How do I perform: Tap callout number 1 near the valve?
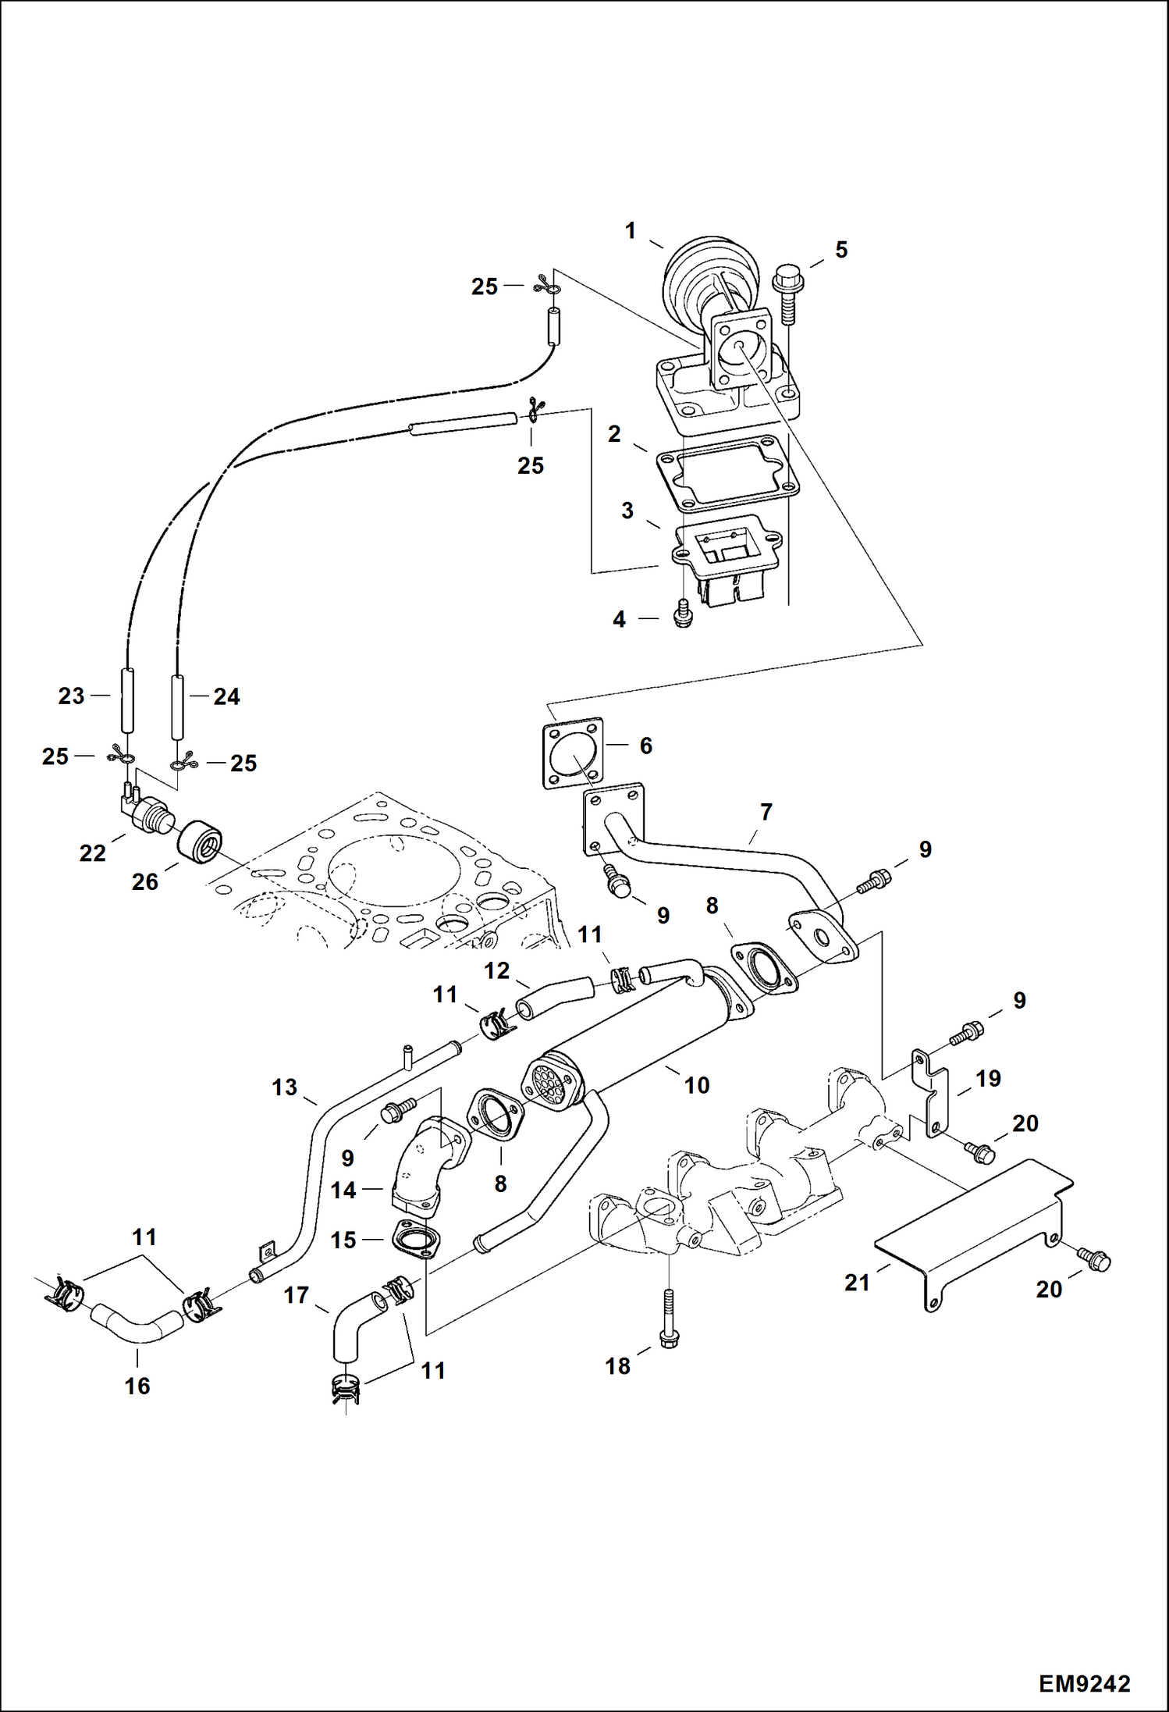coord(631,231)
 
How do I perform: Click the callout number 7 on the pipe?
coord(766,812)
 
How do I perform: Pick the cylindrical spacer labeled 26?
coord(200,842)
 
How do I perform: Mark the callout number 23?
coord(71,696)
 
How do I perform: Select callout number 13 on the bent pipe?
coord(284,1087)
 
